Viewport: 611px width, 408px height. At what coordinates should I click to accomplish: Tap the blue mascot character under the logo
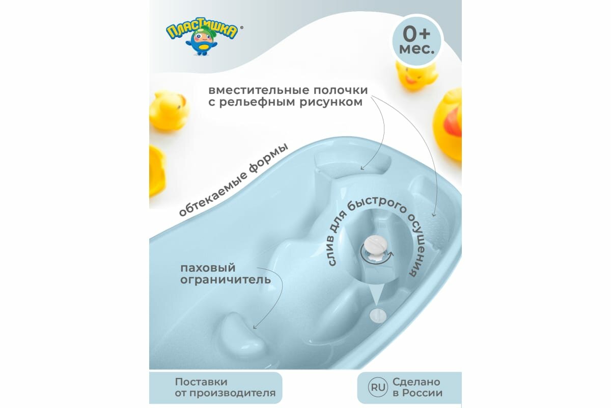[x=203, y=46]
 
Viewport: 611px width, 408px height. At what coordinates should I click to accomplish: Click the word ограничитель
[x=224, y=280]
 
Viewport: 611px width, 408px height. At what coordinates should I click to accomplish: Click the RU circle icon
[x=377, y=388]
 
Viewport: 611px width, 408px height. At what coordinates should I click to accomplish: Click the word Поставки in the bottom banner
[x=201, y=381]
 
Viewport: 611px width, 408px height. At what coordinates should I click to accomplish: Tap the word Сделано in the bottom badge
[x=416, y=381]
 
